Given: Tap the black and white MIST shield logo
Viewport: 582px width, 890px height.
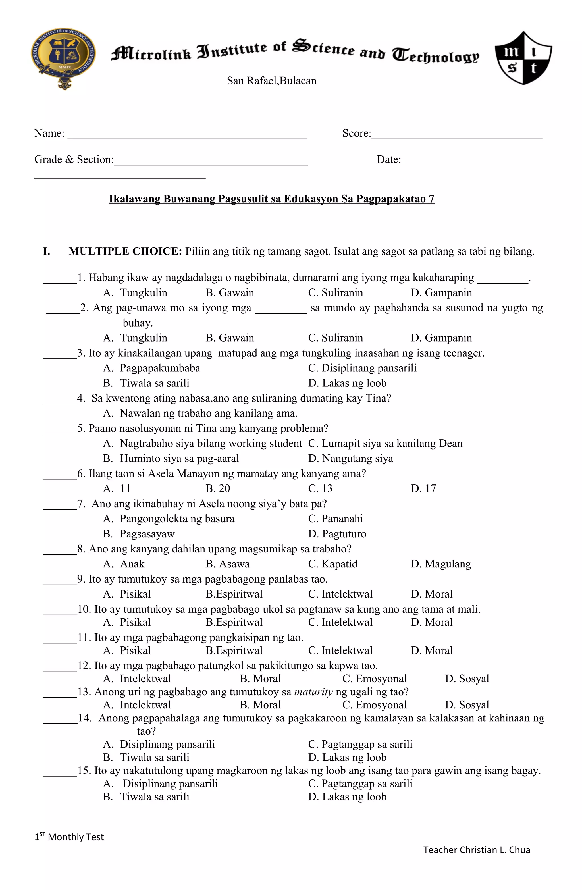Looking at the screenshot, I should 523,58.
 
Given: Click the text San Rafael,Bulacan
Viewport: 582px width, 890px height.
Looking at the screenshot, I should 272,81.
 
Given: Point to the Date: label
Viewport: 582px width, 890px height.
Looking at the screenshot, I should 389,160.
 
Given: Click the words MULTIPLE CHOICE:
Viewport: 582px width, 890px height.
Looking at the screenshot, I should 125,251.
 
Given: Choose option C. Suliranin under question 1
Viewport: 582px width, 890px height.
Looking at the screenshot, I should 336,293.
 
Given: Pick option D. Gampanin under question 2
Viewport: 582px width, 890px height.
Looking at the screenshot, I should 441,338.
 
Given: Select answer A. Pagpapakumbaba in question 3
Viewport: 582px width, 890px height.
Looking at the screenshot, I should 152,368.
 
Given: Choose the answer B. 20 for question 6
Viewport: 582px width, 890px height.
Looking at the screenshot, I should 218,488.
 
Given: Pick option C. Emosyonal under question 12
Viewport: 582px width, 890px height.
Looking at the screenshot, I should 375,679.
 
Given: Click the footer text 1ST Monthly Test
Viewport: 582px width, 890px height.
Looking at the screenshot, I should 69,837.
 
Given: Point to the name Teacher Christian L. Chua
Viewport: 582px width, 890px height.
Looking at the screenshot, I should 477,850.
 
